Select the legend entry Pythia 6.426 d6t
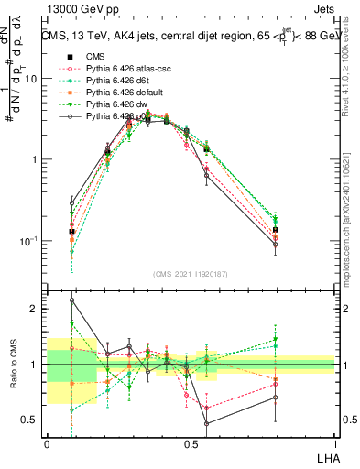114,81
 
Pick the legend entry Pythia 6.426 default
119,93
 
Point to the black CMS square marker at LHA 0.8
276,230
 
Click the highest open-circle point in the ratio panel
71,300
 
